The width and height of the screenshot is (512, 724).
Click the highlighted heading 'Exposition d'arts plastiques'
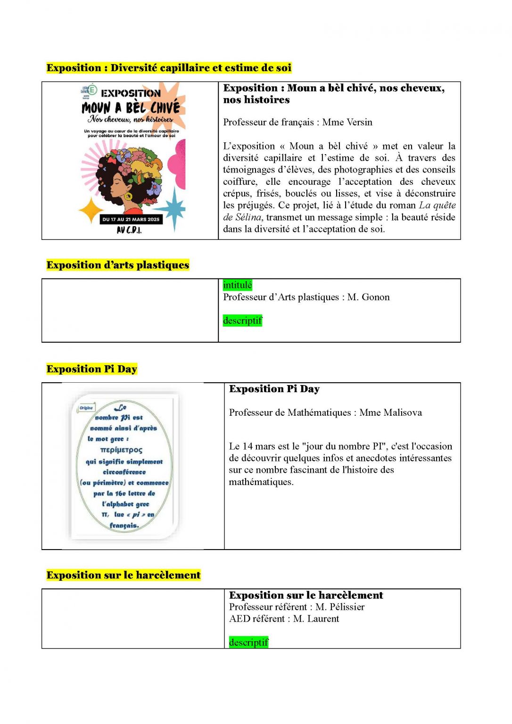(x=117, y=265)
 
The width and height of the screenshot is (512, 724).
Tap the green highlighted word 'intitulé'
(x=237, y=285)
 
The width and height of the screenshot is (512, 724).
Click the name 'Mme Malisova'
(x=390, y=412)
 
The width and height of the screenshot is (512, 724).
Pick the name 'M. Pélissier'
(x=339, y=607)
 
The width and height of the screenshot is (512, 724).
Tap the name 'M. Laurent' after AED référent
(x=315, y=618)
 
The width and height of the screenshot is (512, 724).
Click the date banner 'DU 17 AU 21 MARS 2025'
(x=131, y=219)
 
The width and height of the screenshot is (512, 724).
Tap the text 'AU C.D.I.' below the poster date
(x=129, y=230)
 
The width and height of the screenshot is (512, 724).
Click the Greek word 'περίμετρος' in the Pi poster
(x=121, y=450)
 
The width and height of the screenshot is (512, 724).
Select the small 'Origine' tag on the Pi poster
(x=86, y=408)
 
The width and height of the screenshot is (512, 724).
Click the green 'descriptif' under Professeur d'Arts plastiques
(x=242, y=321)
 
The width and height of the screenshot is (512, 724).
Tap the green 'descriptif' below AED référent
(x=248, y=642)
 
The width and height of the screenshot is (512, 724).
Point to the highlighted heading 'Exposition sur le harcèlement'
(x=124, y=575)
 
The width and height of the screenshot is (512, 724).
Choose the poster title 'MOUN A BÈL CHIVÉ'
(x=131, y=107)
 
